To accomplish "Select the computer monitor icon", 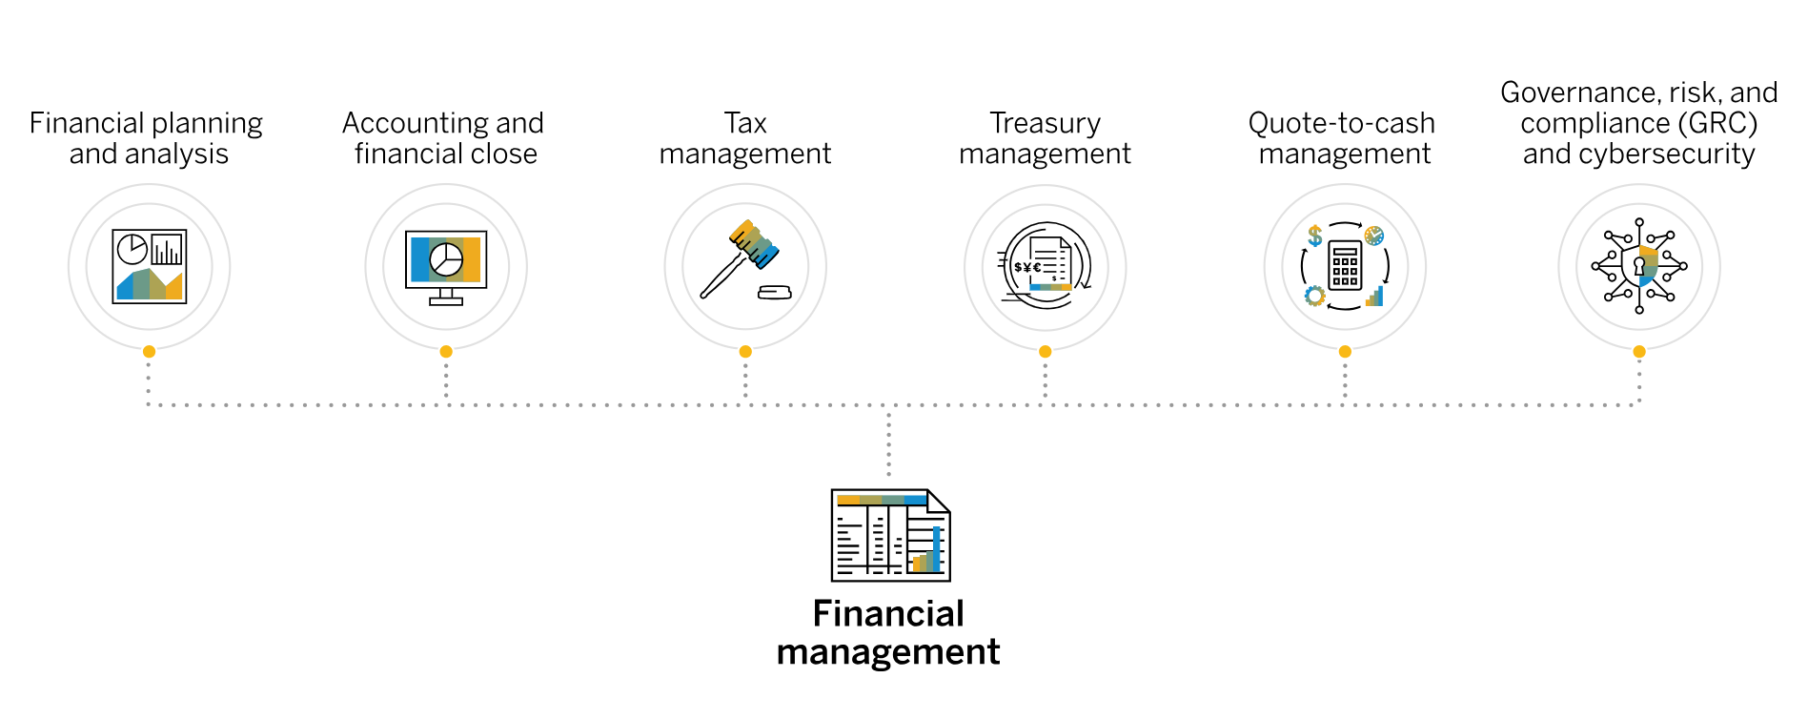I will tap(446, 266).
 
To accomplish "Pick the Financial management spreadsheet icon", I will tap(890, 535).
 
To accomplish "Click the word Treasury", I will tap(1045, 123).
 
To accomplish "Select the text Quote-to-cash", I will tap(1341, 123).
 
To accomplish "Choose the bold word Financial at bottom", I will tap(888, 613).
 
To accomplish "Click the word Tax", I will tap(745, 123).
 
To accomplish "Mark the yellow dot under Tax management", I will tap(745, 352).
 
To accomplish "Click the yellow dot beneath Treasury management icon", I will tap(1046, 352).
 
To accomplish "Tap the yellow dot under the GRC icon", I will tap(1639, 352).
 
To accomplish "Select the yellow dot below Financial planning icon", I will tap(149, 352).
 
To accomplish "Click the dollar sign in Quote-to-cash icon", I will tap(1315, 235).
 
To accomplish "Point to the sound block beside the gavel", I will tap(774, 293).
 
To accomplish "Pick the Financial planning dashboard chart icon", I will tap(149, 266).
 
